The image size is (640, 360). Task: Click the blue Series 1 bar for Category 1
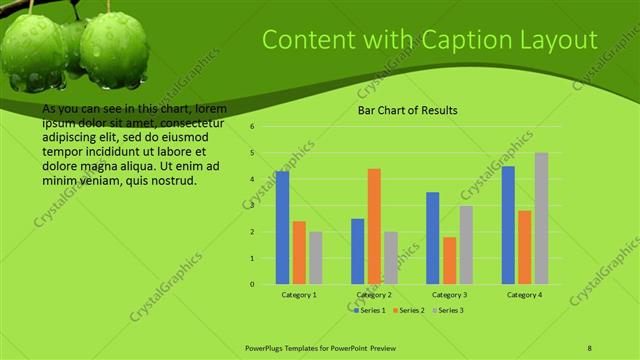tap(283, 228)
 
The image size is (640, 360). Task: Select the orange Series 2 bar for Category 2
tap(374, 226)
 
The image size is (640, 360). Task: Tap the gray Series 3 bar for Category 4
tap(541, 218)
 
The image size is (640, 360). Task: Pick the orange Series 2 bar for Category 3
tap(449, 260)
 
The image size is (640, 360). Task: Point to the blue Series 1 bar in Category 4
tap(508, 225)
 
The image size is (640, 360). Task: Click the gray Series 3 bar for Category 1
tap(316, 258)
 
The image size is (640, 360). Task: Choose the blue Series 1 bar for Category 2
tap(358, 251)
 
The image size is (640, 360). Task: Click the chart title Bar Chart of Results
tap(408, 110)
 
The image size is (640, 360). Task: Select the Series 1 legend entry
tap(371, 310)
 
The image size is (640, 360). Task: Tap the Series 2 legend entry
tap(410, 310)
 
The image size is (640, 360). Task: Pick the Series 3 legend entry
tap(449, 310)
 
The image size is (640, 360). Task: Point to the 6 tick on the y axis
tap(253, 127)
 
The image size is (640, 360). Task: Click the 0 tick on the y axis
tap(253, 284)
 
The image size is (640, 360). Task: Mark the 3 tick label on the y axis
tap(253, 206)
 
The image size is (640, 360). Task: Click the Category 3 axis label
tap(449, 295)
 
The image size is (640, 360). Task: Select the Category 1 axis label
tap(299, 295)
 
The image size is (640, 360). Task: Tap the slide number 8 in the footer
tap(590, 346)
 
